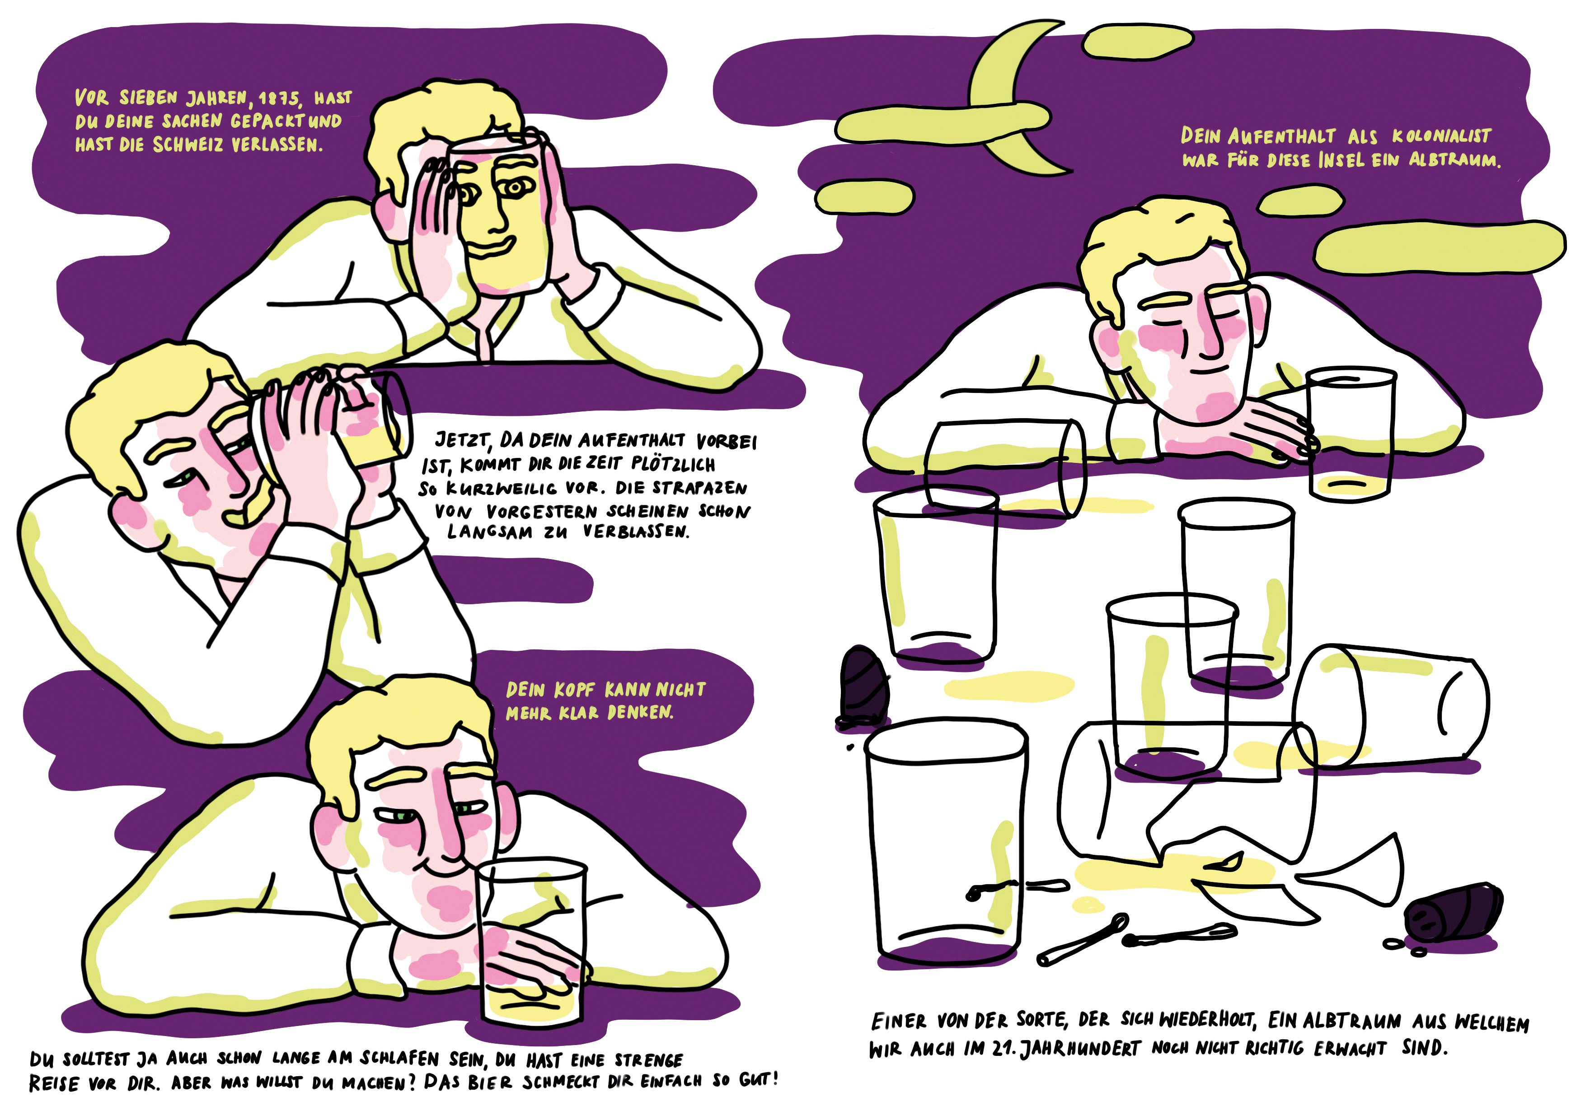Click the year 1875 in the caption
point(281,99)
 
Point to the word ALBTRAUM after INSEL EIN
point(1454,161)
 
